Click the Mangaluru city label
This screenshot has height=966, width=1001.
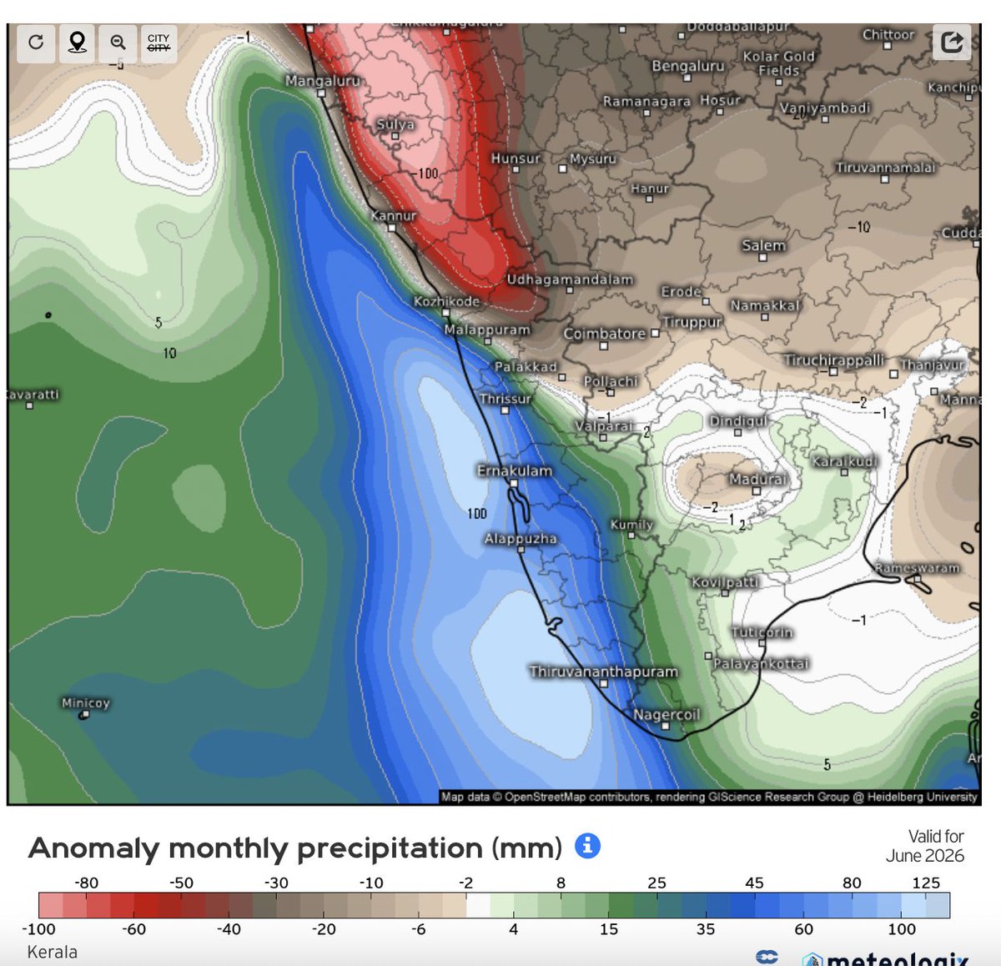click(x=322, y=81)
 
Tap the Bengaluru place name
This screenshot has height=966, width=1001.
click(x=687, y=66)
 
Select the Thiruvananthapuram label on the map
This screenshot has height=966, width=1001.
click(x=603, y=672)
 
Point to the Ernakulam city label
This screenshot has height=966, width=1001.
click(x=514, y=471)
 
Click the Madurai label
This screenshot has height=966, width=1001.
click(x=757, y=480)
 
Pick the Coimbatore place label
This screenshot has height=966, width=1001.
click(x=604, y=334)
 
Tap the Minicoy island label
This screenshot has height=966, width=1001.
click(x=85, y=703)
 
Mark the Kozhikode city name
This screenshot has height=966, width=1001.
click(x=446, y=301)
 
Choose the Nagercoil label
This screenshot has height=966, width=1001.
click(x=666, y=715)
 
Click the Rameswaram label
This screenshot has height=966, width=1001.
click(x=917, y=568)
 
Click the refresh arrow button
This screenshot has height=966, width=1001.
click(x=36, y=43)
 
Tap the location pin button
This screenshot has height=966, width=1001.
click(x=77, y=43)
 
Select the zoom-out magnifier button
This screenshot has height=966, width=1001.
click(x=118, y=43)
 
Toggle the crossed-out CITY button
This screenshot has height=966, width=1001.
click(x=158, y=43)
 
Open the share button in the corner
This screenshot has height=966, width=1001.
click(x=952, y=42)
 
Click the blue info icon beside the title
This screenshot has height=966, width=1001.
click(x=587, y=846)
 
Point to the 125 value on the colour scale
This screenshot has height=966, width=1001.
click(x=926, y=883)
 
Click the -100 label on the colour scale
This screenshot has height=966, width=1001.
click(x=38, y=929)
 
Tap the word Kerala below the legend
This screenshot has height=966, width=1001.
click(x=52, y=952)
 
